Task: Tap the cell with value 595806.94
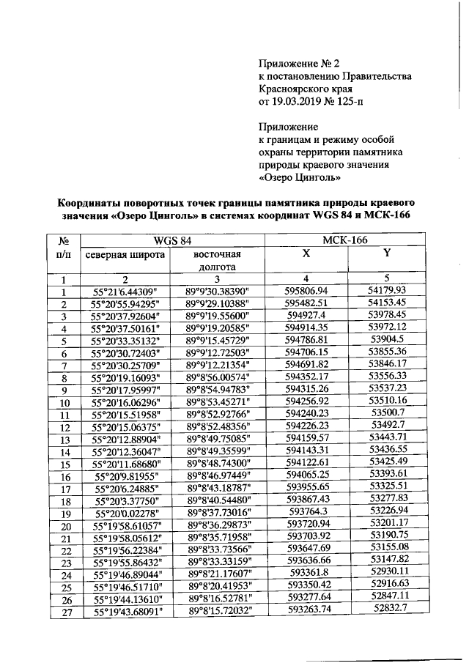click(306, 291)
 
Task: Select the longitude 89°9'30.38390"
click(218, 291)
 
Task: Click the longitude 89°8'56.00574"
click(218, 377)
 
